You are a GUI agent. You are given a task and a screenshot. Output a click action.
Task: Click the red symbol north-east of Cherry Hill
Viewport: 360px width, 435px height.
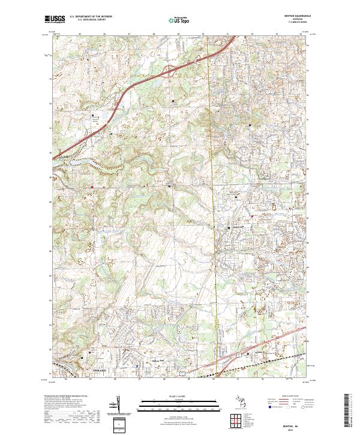[x=252, y=216]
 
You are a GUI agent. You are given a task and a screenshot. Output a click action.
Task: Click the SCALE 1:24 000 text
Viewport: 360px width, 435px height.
[x=179, y=397]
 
